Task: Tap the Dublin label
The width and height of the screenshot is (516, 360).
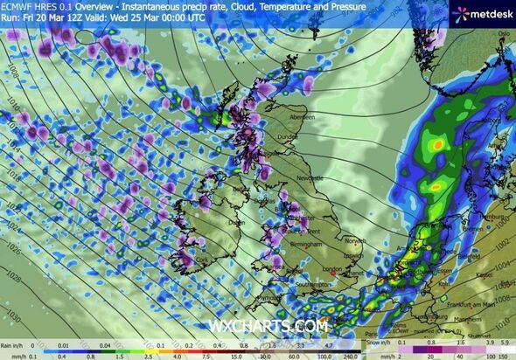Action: (x=236, y=222)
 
